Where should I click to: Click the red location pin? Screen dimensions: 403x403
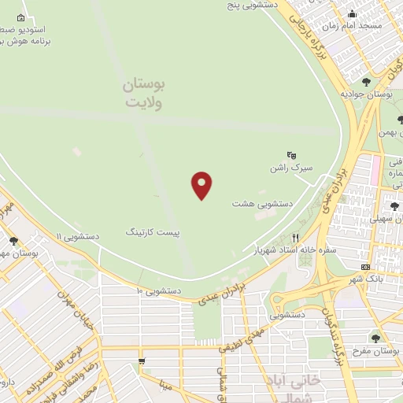(202, 185)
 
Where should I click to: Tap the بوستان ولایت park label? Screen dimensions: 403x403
(142, 93)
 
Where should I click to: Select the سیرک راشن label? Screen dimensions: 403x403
(291, 168)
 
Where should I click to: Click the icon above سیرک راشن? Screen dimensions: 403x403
(291, 155)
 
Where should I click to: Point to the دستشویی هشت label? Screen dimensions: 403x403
(262, 203)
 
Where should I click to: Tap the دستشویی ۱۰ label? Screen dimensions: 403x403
(159, 290)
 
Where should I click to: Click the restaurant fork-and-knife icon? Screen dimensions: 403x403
(296, 237)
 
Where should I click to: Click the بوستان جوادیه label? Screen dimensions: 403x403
(367, 94)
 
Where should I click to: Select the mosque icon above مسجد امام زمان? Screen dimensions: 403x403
(353, 13)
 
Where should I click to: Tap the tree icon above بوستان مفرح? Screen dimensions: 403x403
(375, 338)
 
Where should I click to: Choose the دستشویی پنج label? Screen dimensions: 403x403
(250, 5)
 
